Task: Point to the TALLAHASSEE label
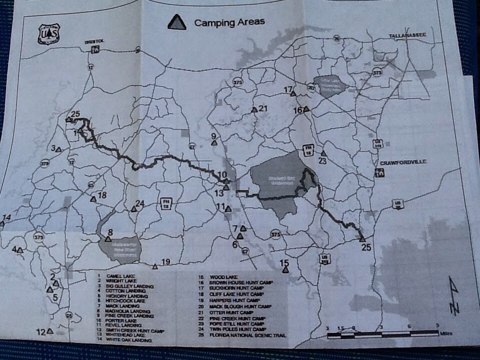coord(407,35)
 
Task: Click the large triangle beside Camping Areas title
coord(176,22)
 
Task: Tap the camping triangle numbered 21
coord(254,109)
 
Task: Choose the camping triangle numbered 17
coord(293,93)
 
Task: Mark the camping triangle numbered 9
coord(214,143)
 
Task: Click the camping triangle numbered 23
coord(323,153)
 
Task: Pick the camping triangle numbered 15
coord(285,270)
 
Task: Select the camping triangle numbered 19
coord(155,266)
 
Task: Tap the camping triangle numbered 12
coord(50,331)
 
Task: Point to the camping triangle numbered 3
coord(58,149)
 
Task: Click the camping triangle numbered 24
coord(133,209)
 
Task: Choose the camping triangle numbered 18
coord(93,199)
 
